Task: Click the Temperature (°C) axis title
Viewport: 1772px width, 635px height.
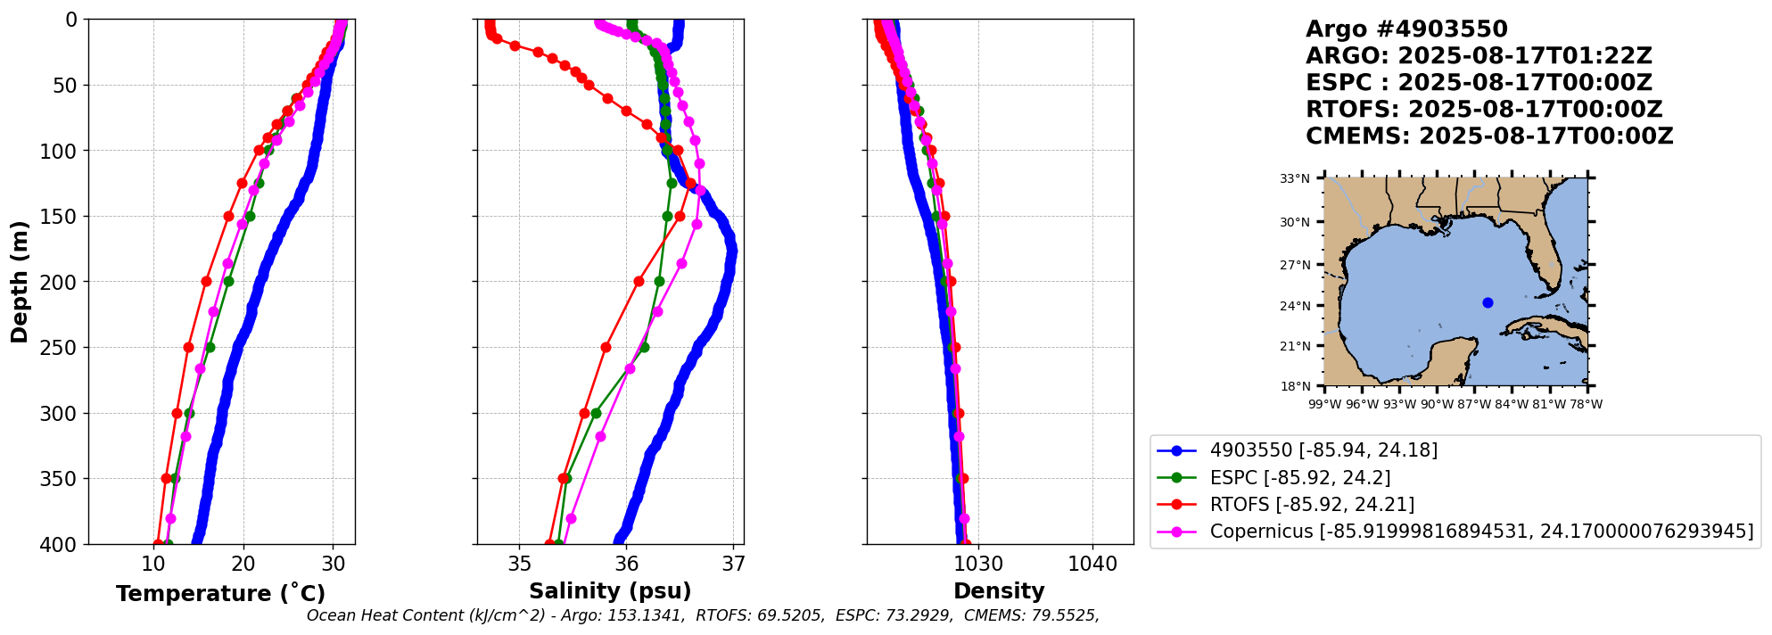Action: click(220, 594)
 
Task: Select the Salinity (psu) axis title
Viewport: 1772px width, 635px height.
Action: click(610, 591)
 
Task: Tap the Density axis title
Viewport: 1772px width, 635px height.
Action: click(999, 591)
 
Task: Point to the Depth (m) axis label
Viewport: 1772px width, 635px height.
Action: click(20, 282)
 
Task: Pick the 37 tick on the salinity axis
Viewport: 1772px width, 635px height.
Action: click(733, 564)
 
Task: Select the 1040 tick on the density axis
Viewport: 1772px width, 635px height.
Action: click(1092, 564)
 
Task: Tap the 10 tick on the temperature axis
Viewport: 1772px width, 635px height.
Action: click(153, 564)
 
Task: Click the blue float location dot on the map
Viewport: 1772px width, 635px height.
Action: click(1488, 302)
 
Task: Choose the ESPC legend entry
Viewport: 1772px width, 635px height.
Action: click(1299, 478)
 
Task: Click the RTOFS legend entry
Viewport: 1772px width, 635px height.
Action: click(1311, 505)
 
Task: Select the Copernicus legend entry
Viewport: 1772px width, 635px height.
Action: click(1480, 532)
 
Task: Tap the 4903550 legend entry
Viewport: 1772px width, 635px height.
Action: click(1323, 450)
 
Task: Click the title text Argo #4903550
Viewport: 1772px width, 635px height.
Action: click(1406, 29)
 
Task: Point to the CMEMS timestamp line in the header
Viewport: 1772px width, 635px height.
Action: click(1489, 136)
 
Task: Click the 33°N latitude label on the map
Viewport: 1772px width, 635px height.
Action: click(1295, 179)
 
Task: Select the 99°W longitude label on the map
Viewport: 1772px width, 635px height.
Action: click(1324, 404)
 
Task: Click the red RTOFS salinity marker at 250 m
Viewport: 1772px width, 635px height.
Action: click(606, 348)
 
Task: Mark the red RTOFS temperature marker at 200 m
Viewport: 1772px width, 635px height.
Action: click(206, 282)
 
